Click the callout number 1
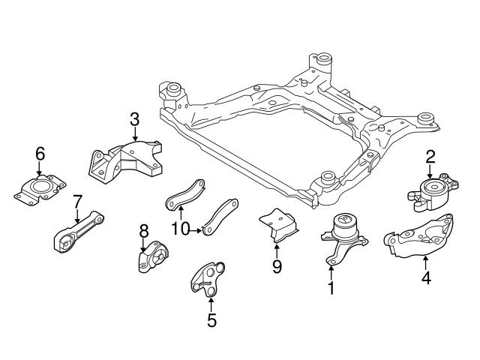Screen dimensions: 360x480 point(331,286)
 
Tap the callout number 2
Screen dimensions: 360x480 point(430,157)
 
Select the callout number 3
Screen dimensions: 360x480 point(134,118)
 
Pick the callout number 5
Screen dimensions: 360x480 point(211,320)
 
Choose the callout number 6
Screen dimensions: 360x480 point(40,154)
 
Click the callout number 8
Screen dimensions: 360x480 point(144,230)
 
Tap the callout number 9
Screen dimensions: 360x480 point(277,266)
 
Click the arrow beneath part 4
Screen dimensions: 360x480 point(425,262)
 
